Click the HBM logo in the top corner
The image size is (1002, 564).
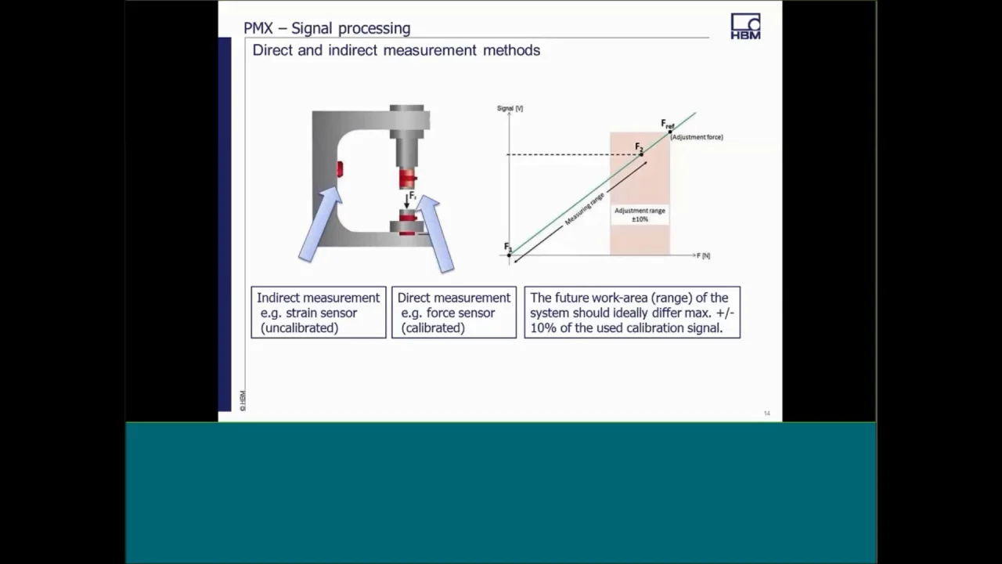pyautogui.click(x=745, y=26)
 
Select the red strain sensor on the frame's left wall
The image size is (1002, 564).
pyautogui.click(x=340, y=168)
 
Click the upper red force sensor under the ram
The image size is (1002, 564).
pyautogui.click(x=406, y=179)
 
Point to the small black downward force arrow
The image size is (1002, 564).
pyautogui.click(x=406, y=202)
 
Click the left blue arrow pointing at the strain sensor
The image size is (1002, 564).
pyautogui.click(x=320, y=225)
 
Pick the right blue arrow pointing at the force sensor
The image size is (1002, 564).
pyautogui.click(x=435, y=233)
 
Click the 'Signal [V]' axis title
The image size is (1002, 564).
pyautogui.click(x=510, y=108)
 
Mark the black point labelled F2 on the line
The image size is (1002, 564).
pyautogui.click(x=641, y=154)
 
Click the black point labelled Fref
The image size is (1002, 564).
pyautogui.click(x=670, y=132)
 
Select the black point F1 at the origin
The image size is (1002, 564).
pyautogui.click(x=509, y=255)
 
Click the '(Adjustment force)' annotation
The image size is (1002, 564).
pyautogui.click(x=696, y=137)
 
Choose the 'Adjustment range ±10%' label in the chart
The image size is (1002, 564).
pyautogui.click(x=640, y=215)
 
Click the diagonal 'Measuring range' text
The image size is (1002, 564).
pyautogui.click(x=584, y=208)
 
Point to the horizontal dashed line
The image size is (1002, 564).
pyautogui.click(x=571, y=154)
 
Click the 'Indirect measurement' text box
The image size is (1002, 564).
pyautogui.click(x=318, y=312)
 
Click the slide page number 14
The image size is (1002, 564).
pyautogui.click(x=766, y=413)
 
